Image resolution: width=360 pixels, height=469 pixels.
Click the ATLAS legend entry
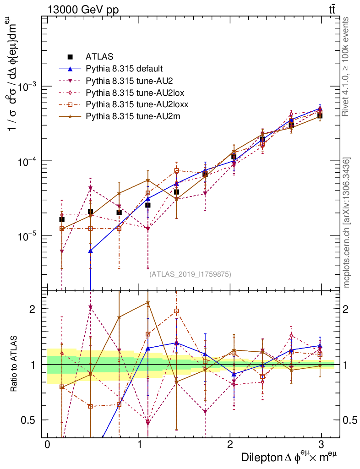(x=99, y=57)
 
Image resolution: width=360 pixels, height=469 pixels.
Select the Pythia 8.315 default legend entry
(x=124, y=69)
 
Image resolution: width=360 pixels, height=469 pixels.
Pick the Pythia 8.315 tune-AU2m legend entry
(x=133, y=116)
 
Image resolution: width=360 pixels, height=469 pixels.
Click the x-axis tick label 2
(x=230, y=445)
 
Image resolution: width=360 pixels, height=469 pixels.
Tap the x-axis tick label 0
(x=47, y=445)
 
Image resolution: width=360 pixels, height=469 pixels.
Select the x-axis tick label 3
(x=322, y=445)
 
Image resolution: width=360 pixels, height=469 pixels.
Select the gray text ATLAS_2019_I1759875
(x=190, y=274)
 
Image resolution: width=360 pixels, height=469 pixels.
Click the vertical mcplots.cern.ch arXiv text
(x=347, y=222)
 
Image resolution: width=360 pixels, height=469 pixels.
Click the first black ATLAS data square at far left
(x=62, y=219)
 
